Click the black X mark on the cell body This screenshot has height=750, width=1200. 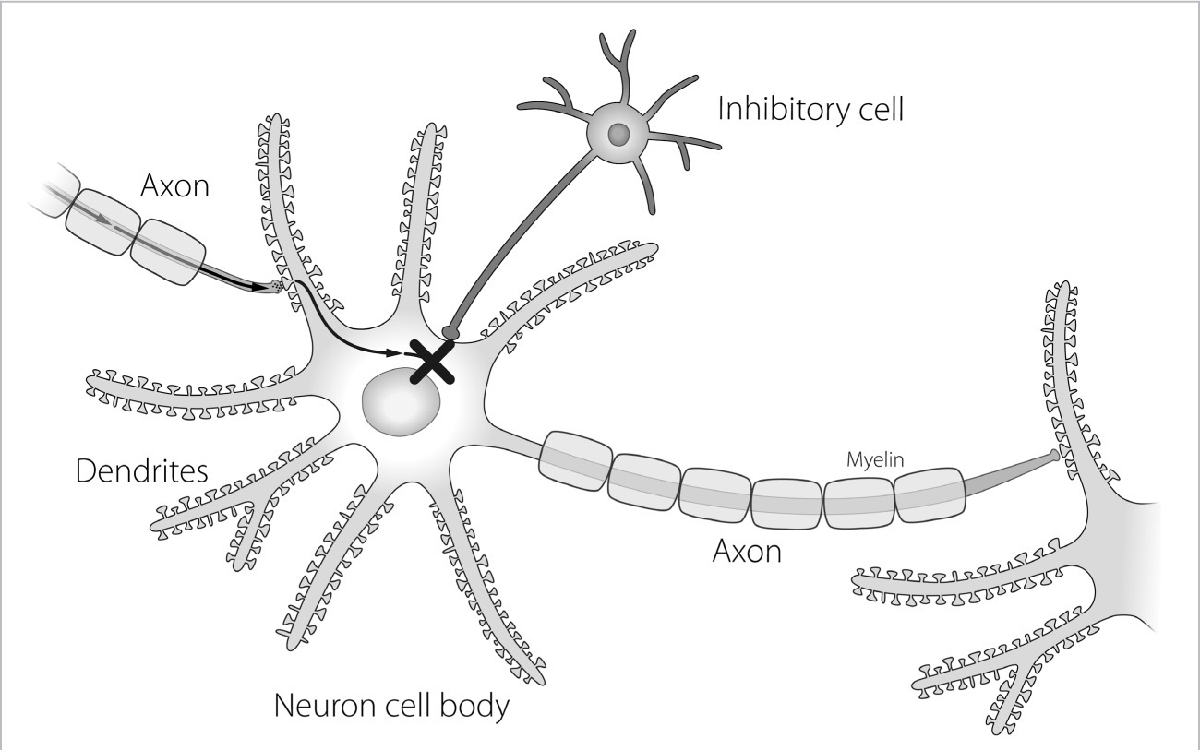click(432, 363)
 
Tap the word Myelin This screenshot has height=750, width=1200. click(875, 459)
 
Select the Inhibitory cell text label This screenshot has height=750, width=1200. click(810, 109)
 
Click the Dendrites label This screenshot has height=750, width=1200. click(141, 471)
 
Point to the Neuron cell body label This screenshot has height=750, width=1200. click(391, 706)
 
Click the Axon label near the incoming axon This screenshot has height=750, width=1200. click(174, 185)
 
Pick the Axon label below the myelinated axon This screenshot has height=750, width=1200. click(747, 551)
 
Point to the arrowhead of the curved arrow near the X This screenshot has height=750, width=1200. click(395, 352)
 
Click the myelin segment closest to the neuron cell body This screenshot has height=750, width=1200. click(575, 461)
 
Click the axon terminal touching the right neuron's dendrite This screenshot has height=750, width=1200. click(1053, 456)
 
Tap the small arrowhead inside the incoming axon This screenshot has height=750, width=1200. click(102, 220)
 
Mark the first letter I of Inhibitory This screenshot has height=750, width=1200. click(721, 109)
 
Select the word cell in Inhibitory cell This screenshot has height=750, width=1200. click(881, 109)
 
